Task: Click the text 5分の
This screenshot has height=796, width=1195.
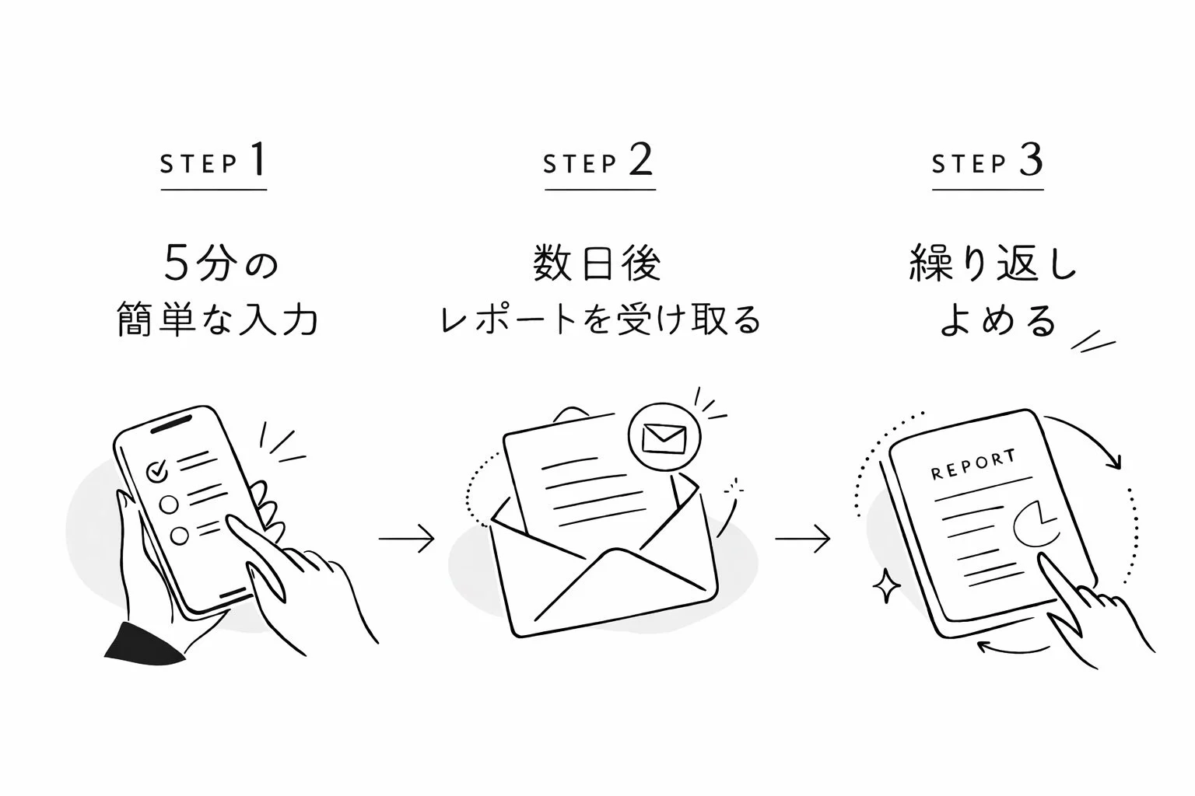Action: [x=221, y=264]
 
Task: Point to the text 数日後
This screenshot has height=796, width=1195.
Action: [x=597, y=264]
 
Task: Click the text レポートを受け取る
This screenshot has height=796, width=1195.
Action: [x=599, y=319]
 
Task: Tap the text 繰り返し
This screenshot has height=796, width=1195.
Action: [x=993, y=264]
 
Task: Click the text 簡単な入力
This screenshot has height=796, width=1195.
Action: [x=218, y=319]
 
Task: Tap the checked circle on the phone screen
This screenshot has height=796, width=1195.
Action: [x=157, y=470]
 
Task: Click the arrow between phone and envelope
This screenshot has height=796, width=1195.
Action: [x=406, y=539]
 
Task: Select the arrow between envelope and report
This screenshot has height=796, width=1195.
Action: [x=802, y=539]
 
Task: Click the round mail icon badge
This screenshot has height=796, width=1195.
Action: [x=663, y=438]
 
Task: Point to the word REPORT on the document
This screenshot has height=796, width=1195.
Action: [x=973, y=464]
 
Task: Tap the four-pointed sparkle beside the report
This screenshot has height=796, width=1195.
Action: [x=884, y=586]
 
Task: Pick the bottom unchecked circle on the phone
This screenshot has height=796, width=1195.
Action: [x=180, y=536]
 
